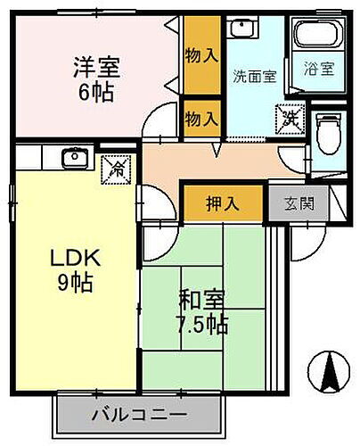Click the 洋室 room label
pyautogui.click(x=96, y=66)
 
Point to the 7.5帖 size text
pyautogui.click(x=203, y=325)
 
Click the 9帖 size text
pyautogui.click(x=77, y=285)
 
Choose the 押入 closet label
pyautogui.click(x=224, y=202)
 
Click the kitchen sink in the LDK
pyautogui.click(x=73, y=159)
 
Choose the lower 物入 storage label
pyautogui.click(x=201, y=116)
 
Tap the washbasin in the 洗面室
pyautogui.click(x=238, y=26)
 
